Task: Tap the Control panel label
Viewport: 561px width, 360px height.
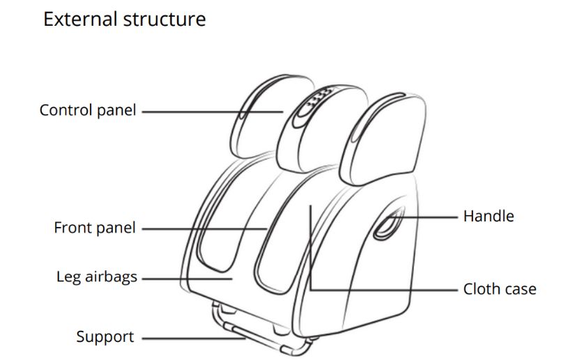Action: tap(88, 110)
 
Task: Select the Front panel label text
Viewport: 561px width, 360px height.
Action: tap(95, 228)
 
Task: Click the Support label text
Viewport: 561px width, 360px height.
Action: tap(105, 337)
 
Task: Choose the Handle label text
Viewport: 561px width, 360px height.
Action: tap(489, 217)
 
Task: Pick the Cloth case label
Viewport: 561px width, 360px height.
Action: tap(500, 288)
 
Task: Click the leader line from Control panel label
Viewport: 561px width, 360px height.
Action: tap(209, 111)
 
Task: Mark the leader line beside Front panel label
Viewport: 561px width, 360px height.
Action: tap(202, 228)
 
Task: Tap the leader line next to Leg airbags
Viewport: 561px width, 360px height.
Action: tap(185, 278)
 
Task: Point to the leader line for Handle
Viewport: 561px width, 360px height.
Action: tap(425, 217)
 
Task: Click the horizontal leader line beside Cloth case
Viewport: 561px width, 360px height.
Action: tap(383, 288)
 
